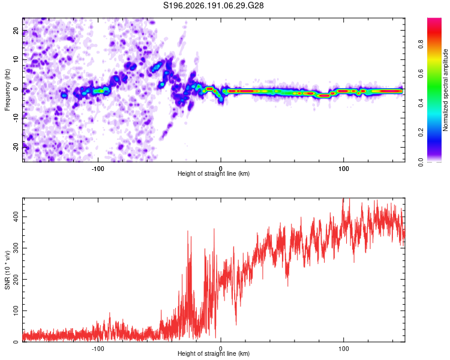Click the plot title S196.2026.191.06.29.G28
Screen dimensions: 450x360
[x=213, y=5]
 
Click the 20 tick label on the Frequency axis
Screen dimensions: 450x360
[x=16, y=31]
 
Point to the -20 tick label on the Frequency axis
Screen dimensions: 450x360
[x=16, y=148]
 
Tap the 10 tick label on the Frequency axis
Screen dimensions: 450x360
[x=16, y=59]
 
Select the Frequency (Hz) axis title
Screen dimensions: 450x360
[x=7, y=89]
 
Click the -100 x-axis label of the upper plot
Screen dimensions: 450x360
[x=98, y=169]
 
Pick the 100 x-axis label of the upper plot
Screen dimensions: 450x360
[x=344, y=169]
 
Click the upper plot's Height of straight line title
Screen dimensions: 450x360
[x=214, y=173]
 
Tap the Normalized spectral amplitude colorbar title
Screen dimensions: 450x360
[x=445, y=90]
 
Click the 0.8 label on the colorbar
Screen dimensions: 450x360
[x=421, y=44]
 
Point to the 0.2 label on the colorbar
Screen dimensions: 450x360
[x=421, y=133]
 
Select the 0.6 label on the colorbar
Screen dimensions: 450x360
[x=421, y=73]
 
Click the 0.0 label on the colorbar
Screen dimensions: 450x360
[x=421, y=162]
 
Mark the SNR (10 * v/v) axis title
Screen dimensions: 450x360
[x=7, y=270]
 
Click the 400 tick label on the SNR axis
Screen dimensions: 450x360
[x=16, y=217]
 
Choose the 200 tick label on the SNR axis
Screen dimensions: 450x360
[x=16, y=280]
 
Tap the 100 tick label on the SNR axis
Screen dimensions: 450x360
[x=16, y=311]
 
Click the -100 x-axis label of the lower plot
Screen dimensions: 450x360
[x=98, y=349]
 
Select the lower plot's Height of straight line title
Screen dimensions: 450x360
[x=214, y=353]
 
